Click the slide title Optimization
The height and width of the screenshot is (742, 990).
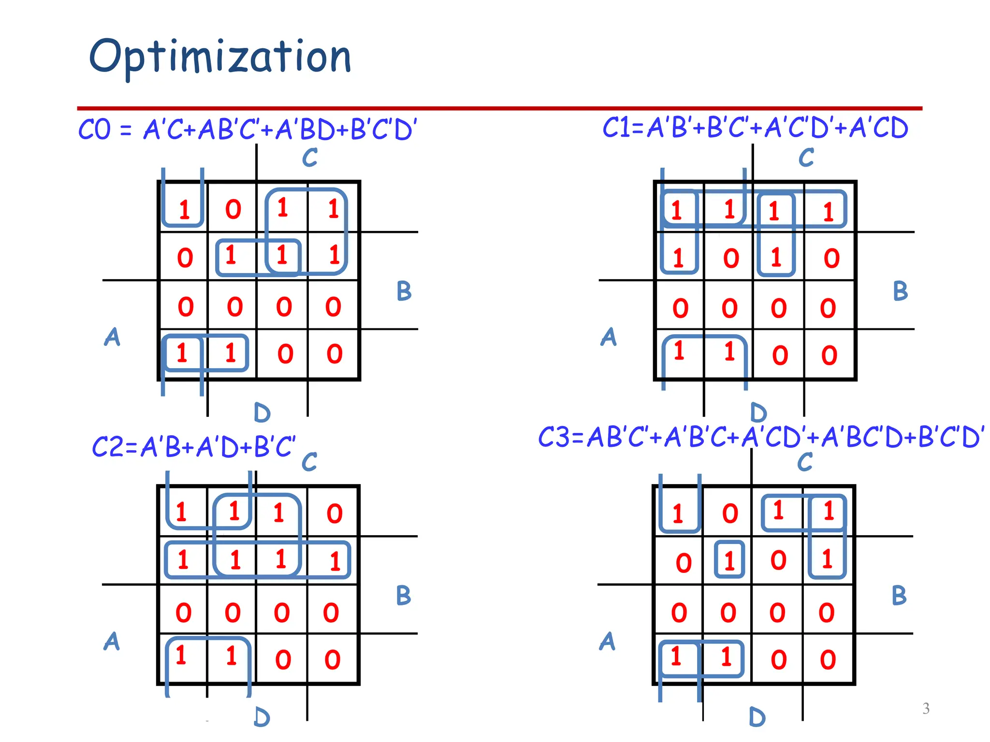point(220,57)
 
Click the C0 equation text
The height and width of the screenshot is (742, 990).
point(247,129)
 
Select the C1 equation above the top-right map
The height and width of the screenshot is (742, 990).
point(755,128)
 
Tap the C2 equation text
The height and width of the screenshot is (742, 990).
point(193,447)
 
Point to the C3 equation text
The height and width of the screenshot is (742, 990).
point(761,437)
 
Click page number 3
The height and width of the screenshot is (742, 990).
point(926,708)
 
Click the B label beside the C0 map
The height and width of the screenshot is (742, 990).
point(404,291)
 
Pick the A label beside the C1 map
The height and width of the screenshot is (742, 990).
point(609,337)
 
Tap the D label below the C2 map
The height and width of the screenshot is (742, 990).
point(262,717)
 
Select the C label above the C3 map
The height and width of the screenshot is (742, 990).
point(805,462)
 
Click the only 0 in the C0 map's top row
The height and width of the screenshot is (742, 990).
point(233,209)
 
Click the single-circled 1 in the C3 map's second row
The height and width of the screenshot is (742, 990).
point(729,561)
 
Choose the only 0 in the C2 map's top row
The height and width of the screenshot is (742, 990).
point(335,514)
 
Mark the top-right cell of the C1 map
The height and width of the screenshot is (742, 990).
point(829,211)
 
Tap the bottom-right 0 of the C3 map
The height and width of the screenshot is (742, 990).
point(828,659)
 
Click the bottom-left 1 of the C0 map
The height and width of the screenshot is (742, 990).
point(182,353)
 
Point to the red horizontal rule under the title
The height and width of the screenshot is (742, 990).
point(499,108)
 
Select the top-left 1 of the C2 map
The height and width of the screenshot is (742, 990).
point(181,512)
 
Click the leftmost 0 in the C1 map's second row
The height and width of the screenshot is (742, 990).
point(731,258)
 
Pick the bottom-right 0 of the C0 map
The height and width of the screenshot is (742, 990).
point(335,354)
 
